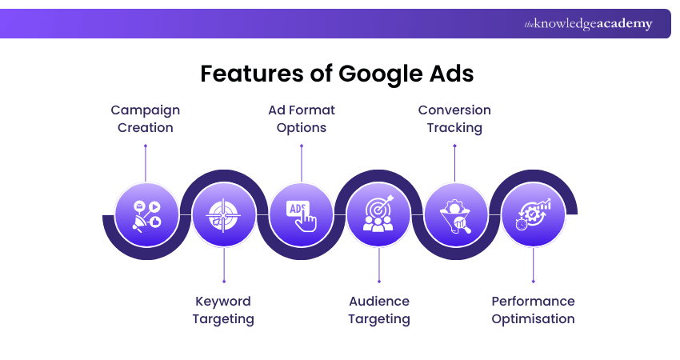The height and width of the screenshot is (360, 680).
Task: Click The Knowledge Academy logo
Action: click(588, 24)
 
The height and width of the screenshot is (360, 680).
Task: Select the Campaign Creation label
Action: click(145, 118)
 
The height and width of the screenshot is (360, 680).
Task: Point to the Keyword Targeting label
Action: click(223, 310)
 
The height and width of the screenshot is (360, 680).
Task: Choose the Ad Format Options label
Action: click(301, 118)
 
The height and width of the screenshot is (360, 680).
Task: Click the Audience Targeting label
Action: click(378, 310)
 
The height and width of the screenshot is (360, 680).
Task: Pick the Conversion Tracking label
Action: click(454, 118)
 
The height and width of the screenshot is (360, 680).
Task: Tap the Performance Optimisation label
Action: click(533, 310)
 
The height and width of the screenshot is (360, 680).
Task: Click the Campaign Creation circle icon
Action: click(146, 214)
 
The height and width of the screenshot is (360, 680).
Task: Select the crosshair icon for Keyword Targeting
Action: click(223, 214)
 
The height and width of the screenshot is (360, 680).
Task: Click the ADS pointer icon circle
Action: click(301, 214)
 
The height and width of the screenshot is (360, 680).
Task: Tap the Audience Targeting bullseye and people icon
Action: click(378, 214)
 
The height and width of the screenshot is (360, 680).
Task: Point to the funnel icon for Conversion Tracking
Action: click(455, 214)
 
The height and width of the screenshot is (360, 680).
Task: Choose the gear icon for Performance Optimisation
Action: click(533, 214)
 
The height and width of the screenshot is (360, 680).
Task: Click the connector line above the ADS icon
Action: click(302, 164)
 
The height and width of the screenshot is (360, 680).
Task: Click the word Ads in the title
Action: click(450, 74)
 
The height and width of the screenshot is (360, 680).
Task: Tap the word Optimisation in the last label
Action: click(533, 318)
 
